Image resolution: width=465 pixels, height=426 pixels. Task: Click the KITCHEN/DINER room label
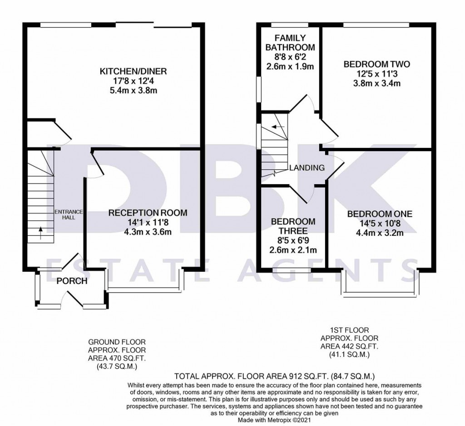click(133, 71)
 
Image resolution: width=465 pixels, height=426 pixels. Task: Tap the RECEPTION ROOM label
click(148, 213)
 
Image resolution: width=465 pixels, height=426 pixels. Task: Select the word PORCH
click(72, 281)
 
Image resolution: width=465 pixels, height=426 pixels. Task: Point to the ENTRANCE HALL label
click(69, 215)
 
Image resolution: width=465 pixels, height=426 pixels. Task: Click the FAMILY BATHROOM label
click(290, 43)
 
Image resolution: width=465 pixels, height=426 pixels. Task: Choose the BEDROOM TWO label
click(376, 64)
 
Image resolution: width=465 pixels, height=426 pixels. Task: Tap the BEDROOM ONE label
click(380, 214)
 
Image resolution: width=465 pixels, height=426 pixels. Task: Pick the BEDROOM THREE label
click(293, 226)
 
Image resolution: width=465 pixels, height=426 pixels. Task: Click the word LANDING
click(307, 168)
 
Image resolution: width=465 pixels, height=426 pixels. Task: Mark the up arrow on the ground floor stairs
click(40, 233)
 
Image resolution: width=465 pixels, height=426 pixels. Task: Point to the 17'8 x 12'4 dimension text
click(133, 81)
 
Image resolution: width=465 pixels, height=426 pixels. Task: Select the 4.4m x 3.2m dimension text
click(380, 233)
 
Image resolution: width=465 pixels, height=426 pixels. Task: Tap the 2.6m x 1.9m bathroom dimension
click(290, 66)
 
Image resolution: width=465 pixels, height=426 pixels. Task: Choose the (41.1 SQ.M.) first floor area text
click(349, 354)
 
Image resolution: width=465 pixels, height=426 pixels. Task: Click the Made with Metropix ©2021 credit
click(275, 420)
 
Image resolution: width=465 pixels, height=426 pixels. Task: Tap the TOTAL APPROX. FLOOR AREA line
click(275, 377)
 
